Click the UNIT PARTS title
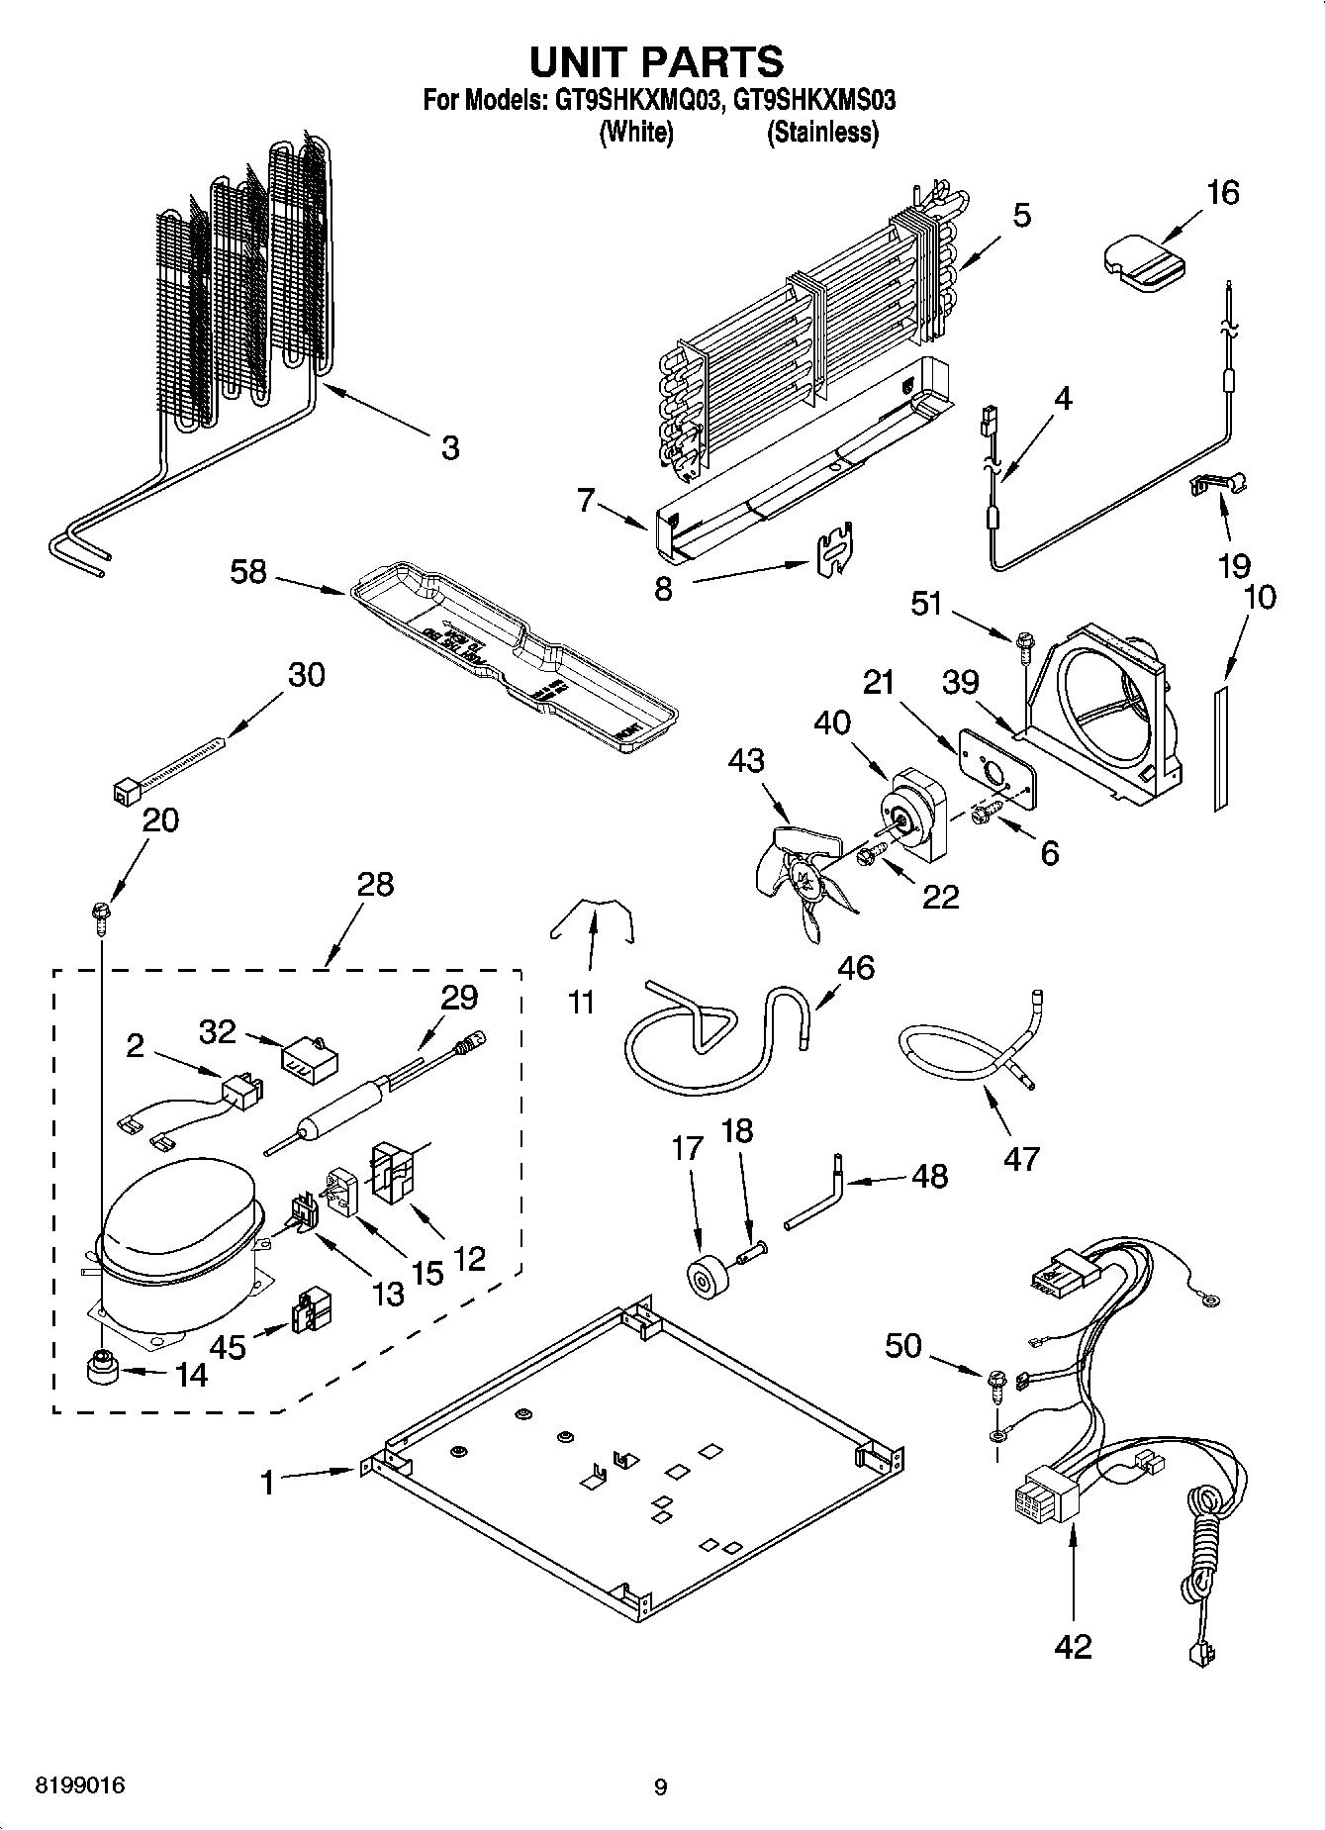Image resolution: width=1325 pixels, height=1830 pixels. [657, 61]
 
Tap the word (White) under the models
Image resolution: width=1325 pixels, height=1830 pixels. [636, 132]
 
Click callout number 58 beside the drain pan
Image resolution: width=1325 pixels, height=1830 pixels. [248, 571]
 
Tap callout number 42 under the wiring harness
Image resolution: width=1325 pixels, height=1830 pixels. [1073, 1645]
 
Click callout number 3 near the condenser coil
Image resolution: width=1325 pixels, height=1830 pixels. [450, 447]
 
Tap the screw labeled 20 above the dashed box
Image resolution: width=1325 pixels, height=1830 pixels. [101, 915]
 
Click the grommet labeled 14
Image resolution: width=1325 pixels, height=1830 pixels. [100, 1370]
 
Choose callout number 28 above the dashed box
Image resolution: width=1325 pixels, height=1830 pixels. [377, 883]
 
